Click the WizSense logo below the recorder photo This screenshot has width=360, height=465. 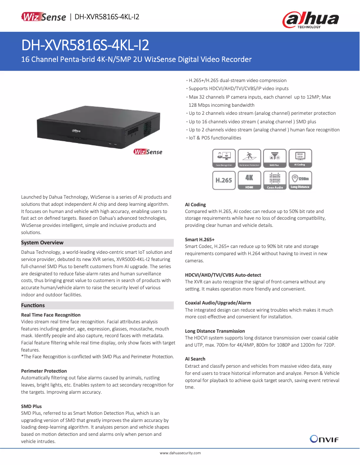click(148, 152)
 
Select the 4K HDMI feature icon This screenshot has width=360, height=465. click(250, 180)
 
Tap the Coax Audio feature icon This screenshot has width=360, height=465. click(275, 180)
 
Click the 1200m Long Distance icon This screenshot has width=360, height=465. click(300, 180)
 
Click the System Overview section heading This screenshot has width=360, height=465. click(43, 243)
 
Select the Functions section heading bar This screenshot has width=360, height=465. click(97, 305)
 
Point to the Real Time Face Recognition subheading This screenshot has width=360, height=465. click(51, 315)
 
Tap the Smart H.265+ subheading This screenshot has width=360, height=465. click(200, 239)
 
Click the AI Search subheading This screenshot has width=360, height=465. click(195, 359)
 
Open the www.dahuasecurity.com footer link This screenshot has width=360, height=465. click(180, 453)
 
